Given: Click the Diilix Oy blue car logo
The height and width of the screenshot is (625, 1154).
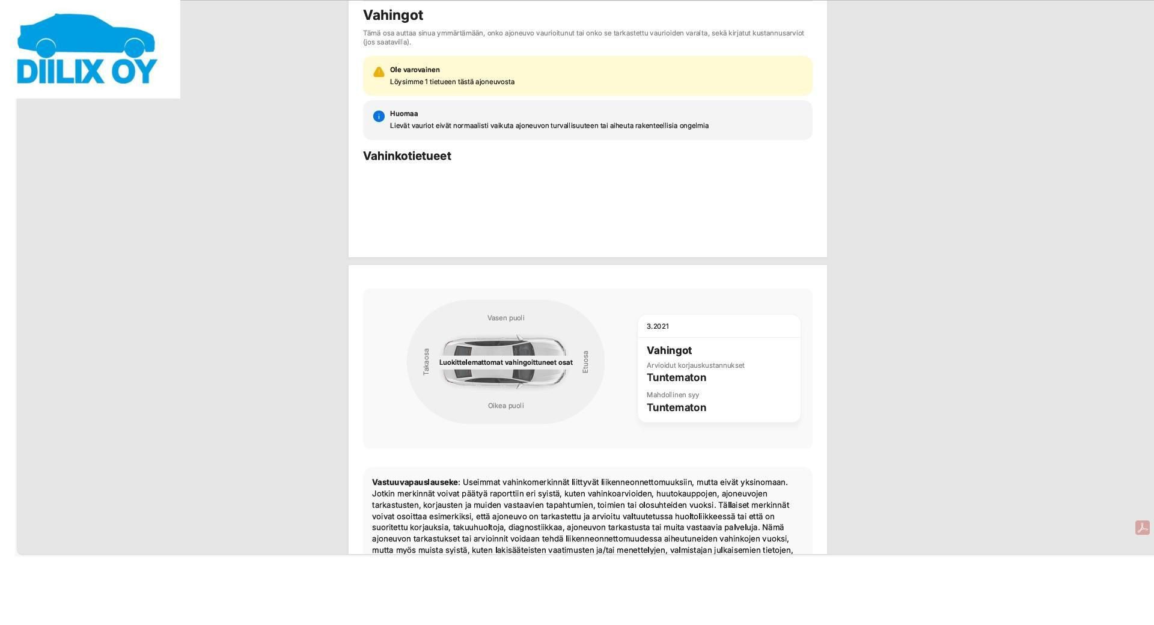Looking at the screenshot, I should click(87, 49).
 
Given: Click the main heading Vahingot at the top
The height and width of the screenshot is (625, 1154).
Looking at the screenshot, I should click(393, 15).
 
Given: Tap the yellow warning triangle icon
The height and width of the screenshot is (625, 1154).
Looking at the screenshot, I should click(379, 72).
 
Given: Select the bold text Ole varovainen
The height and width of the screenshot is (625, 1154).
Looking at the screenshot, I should click(415, 70).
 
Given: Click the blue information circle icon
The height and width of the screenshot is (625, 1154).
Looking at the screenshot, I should click(379, 116).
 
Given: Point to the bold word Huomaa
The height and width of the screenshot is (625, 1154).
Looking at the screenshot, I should click(404, 114).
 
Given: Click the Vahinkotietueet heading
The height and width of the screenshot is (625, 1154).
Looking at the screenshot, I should click(407, 156).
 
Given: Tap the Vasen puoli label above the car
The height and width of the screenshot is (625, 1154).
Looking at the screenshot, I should click(505, 318).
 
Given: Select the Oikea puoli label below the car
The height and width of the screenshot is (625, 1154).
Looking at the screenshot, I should click(505, 406).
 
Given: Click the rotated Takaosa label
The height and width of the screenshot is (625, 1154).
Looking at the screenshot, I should click(426, 362).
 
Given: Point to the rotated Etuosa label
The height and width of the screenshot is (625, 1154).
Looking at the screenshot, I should click(585, 362).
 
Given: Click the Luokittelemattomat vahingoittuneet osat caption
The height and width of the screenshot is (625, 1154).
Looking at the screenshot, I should click(505, 362).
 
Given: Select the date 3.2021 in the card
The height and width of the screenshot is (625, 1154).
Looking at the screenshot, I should click(658, 326).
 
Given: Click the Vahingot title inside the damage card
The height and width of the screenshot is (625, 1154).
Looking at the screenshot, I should click(669, 350).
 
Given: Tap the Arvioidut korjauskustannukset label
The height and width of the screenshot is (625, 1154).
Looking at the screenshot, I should click(695, 365).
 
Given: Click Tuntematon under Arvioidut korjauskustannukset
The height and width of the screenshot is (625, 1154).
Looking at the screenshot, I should click(676, 377).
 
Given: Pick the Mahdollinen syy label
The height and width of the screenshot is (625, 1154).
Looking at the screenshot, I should click(673, 395).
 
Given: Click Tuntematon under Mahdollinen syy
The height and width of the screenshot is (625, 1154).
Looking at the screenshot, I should click(676, 407).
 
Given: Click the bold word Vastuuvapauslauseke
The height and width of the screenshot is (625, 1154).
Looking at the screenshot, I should click(415, 482).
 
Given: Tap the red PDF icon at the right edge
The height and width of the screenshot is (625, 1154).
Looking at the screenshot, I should click(1142, 528).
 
